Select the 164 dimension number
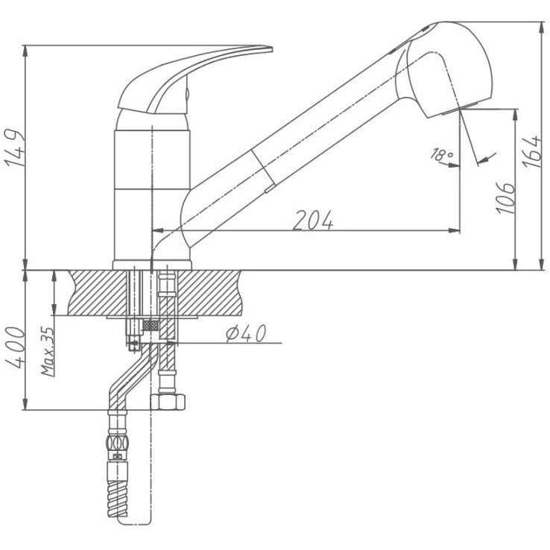(531, 151)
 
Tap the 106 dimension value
(506, 197)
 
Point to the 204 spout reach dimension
(313, 221)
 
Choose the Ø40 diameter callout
(246, 333)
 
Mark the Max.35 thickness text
(48, 352)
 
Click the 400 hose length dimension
(15, 347)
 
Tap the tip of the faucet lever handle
(271, 49)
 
